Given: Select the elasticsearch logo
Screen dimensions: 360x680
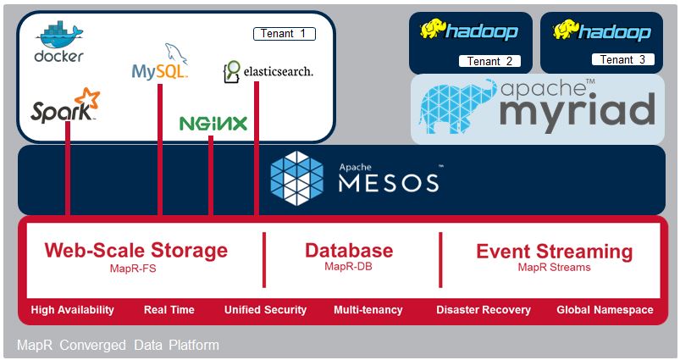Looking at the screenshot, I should (x=268, y=71).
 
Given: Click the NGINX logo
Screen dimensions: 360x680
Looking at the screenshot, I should (x=213, y=124).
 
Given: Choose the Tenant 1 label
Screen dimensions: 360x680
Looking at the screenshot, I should (x=284, y=34).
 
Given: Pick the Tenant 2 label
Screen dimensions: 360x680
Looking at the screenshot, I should (x=489, y=61).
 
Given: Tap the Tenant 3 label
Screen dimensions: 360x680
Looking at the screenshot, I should (x=622, y=59).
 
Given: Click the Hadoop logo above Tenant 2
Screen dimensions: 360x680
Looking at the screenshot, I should (x=469, y=31).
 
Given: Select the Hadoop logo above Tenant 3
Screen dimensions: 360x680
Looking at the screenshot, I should (x=602, y=31).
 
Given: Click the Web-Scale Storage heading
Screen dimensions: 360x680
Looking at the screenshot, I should (x=136, y=251).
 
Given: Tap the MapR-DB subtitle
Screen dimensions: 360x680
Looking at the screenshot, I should (x=349, y=266).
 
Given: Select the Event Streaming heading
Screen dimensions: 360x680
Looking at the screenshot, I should (x=554, y=252).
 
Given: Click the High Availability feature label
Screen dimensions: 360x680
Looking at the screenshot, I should (x=72, y=310).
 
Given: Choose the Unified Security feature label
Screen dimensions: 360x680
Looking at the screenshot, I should (x=265, y=310).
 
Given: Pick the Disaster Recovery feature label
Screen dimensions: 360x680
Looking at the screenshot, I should (x=483, y=310).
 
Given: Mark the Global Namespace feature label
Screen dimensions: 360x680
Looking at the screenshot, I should (x=605, y=310).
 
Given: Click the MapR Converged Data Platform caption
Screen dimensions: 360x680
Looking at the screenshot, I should (x=118, y=346).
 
